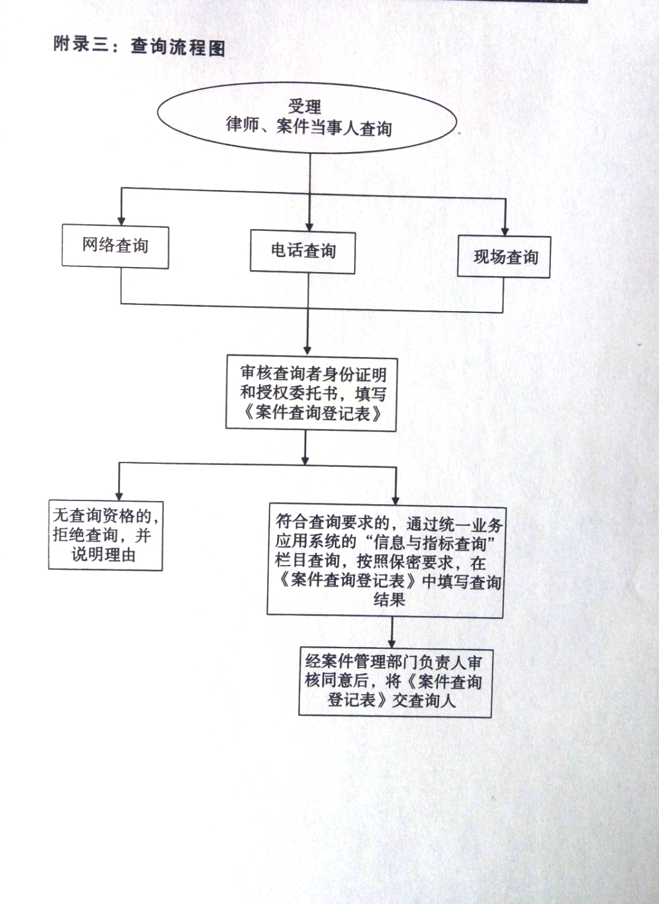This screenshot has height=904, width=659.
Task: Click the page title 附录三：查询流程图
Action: click(x=139, y=46)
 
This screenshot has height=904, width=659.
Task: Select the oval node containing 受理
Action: click(x=308, y=118)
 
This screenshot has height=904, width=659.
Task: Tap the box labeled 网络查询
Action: click(x=116, y=246)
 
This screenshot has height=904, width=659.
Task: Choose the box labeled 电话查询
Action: click(x=303, y=251)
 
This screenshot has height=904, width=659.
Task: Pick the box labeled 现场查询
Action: click(x=504, y=257)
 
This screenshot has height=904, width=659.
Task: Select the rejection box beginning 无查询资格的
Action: click(x=106, y=535)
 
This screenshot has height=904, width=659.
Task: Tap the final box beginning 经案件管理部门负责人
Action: click(x=395, y=681)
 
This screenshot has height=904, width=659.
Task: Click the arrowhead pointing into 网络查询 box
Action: click(x=122, y=219)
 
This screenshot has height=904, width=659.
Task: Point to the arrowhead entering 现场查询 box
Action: click(x=506, y=230)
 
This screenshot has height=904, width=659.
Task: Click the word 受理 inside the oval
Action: click(x=304, y=107)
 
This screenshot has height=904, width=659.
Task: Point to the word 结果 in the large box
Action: click(x=389, y=599)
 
